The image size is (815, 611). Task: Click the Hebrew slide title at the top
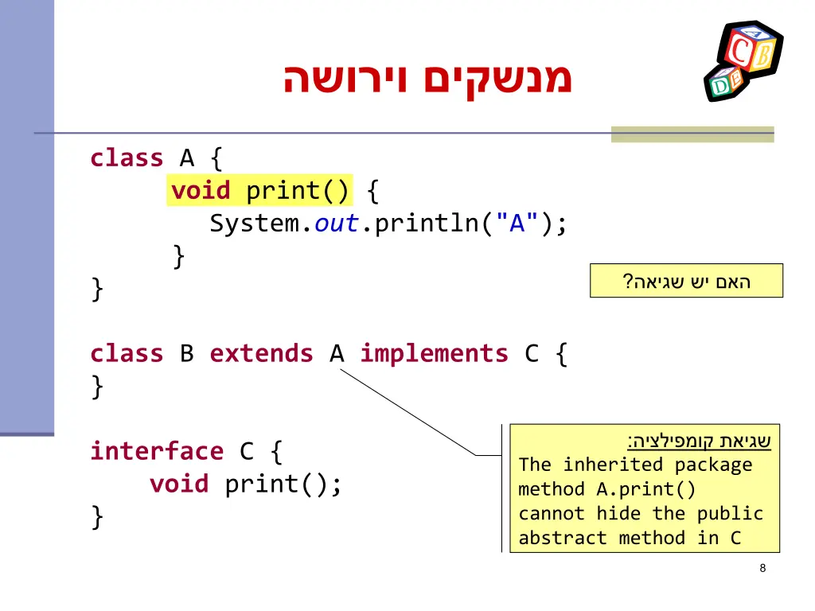[427, 80]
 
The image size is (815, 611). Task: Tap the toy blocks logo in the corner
[743, 61]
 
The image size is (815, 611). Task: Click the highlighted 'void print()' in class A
[259, 191]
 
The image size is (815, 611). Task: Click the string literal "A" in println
[517, 224]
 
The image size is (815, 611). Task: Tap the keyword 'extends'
[261, 353]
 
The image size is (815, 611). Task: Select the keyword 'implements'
[434, 353]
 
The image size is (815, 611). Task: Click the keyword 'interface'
[157, 451]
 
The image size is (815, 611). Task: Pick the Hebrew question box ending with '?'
[686, 281]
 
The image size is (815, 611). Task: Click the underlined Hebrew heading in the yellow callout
[699, 441]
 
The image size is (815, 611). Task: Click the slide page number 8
[762, 568]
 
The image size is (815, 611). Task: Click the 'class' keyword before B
[127, 353]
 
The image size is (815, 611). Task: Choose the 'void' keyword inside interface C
[179, 484]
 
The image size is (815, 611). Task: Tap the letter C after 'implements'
[532, 353]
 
